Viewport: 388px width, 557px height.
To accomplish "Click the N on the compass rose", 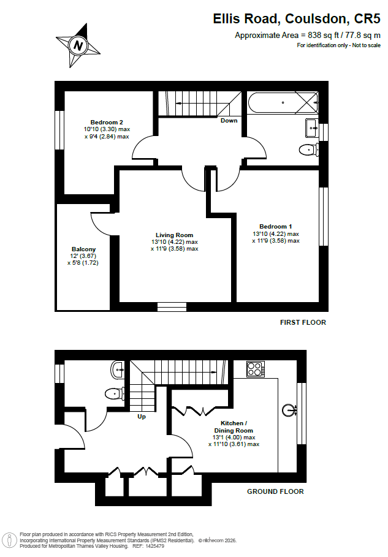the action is coord(78,45).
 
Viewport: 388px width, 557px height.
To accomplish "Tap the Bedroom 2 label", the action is coord(107,122).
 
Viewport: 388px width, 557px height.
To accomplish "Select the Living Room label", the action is coord(175,235).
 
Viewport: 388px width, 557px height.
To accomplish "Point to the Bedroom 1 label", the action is coord(276,226).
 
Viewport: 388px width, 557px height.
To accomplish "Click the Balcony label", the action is coord(83,249).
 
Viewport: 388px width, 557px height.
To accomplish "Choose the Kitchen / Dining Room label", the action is coord(234,426).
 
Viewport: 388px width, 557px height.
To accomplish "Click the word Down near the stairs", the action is coord(229,121).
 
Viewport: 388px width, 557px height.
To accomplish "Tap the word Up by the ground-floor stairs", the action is coord(142,416).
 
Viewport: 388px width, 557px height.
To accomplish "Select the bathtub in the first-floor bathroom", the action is coord(283,103).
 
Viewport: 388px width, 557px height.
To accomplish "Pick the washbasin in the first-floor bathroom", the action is coord(311,127).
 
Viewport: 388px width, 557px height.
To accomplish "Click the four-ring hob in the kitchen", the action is coord(256,369).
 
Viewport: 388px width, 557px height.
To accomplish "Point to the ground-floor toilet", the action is coord(115,393).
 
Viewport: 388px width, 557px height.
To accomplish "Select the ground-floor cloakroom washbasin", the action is coord(118,369).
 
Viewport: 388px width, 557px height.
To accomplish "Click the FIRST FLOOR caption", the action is coord(303,322).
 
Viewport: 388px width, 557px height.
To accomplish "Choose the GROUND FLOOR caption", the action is coord(275,491).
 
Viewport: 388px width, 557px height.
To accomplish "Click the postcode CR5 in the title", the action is coord(367,18).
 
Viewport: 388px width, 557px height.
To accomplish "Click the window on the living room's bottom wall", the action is coord(172,307).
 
